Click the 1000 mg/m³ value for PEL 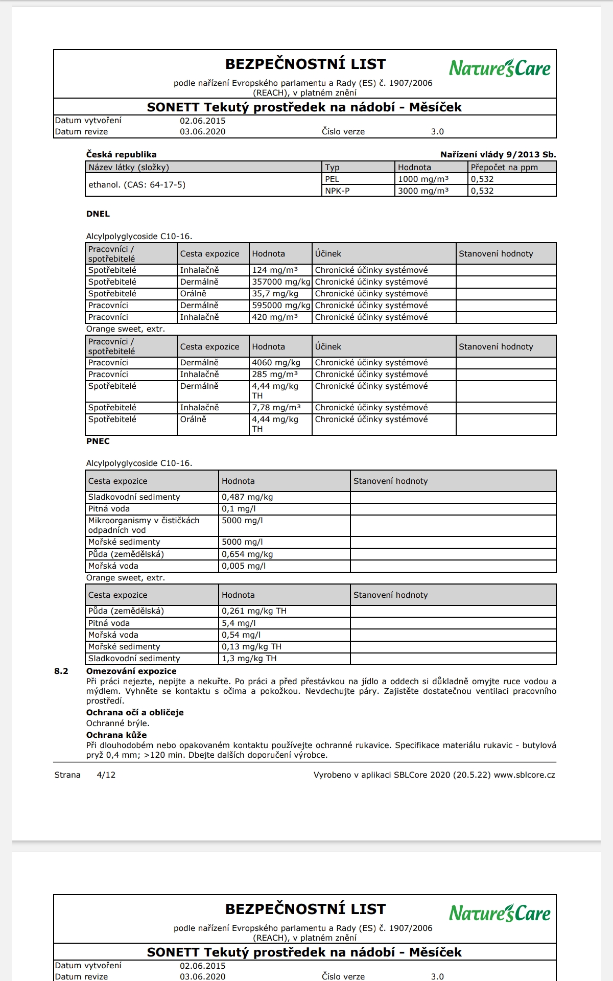pos(423,179)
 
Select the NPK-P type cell pos(337,191)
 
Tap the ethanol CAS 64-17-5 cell pos(137,185)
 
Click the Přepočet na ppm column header pos(504,168)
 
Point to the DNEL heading pos(98,214)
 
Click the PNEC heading pos(98,441)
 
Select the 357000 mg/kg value pos(281,282)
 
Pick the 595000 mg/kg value pos(281,306)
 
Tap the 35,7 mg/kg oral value pos(275,294)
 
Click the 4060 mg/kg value pos(276,363)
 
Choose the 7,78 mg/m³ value pos(276,408)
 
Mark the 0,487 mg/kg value pos(247,497)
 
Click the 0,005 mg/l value pos(244,566)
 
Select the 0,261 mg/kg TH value pos(254,611)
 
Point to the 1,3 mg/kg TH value pos(249,659)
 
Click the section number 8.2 pos(61,671)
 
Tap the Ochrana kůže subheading pos(116,735)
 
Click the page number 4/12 pos(106,775)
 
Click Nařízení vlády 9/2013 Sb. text pos(498,155)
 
